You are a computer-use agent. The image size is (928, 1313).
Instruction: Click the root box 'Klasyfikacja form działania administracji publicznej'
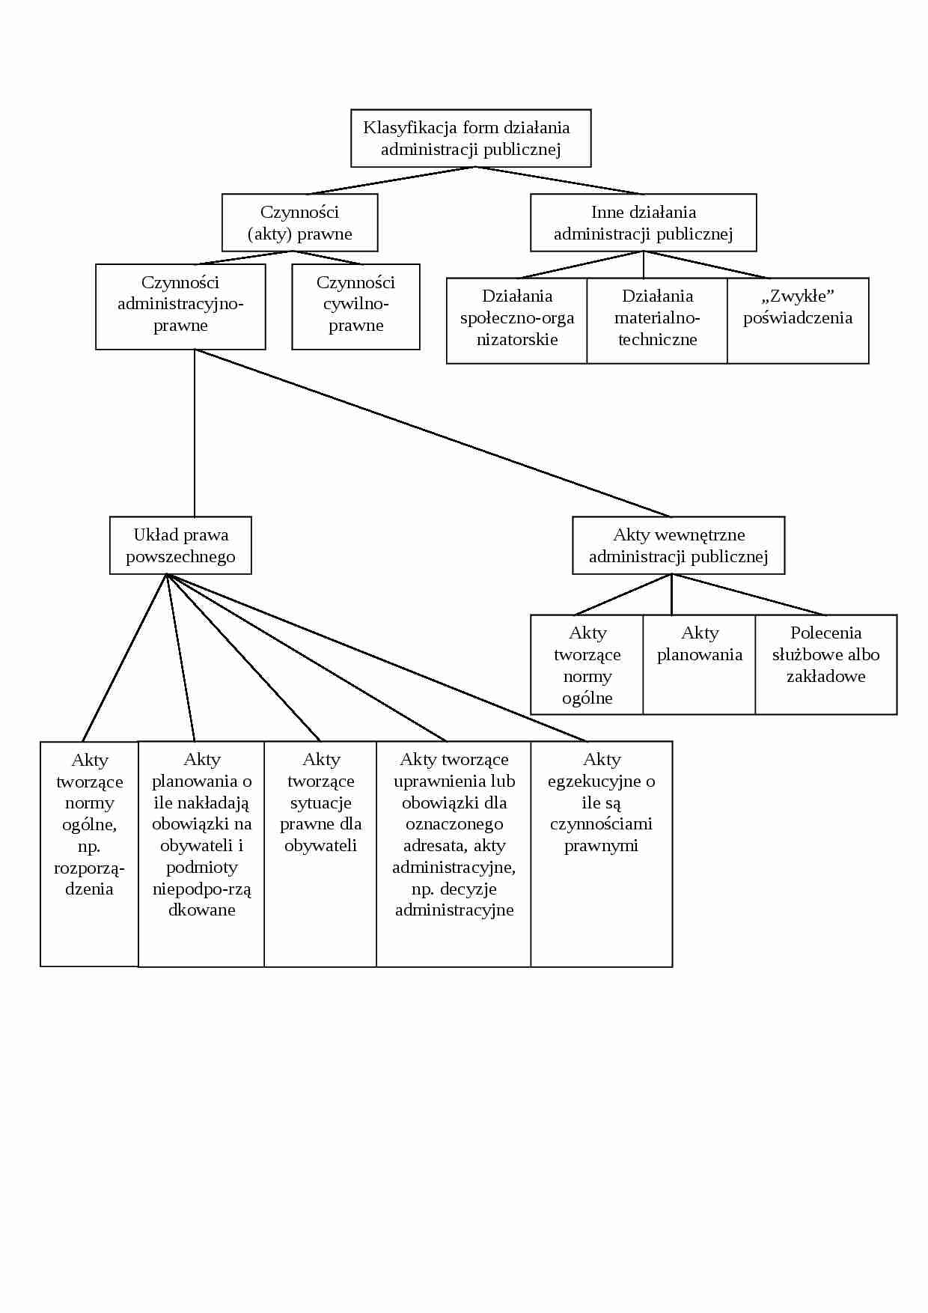(x=471, y=138)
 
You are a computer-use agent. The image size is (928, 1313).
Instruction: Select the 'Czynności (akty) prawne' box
(x=299, y=223)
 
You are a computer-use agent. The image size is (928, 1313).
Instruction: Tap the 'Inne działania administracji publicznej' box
(x=643, y=223)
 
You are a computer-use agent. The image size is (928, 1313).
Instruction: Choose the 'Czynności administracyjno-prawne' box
(x=180, y=306)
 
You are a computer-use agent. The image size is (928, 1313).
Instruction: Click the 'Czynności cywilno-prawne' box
(x=355, y=306)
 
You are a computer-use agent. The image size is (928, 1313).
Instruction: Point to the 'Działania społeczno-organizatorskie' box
(x=516, y=320)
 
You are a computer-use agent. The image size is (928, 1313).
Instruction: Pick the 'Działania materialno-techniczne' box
(x=657, y=320)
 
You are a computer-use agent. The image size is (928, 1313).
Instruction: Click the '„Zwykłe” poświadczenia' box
(x=798, y=320)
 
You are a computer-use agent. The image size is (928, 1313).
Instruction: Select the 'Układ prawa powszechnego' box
(x=180, y=546)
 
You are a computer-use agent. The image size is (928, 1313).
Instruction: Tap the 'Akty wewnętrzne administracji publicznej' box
(x=678, y=546)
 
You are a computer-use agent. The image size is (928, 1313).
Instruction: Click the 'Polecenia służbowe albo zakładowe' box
(x=825, y=665)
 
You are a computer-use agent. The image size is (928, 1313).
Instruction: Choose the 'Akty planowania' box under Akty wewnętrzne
(x=699, y=665)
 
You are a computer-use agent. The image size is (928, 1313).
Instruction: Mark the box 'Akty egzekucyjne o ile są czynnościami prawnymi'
(x=601, y=853)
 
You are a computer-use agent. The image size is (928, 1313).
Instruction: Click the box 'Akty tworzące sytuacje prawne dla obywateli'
(x=320, y=853)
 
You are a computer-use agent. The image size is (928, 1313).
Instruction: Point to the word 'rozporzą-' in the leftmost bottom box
(x=89, y=868)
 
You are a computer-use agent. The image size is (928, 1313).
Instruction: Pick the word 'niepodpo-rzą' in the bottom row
(x=202, y=889)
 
